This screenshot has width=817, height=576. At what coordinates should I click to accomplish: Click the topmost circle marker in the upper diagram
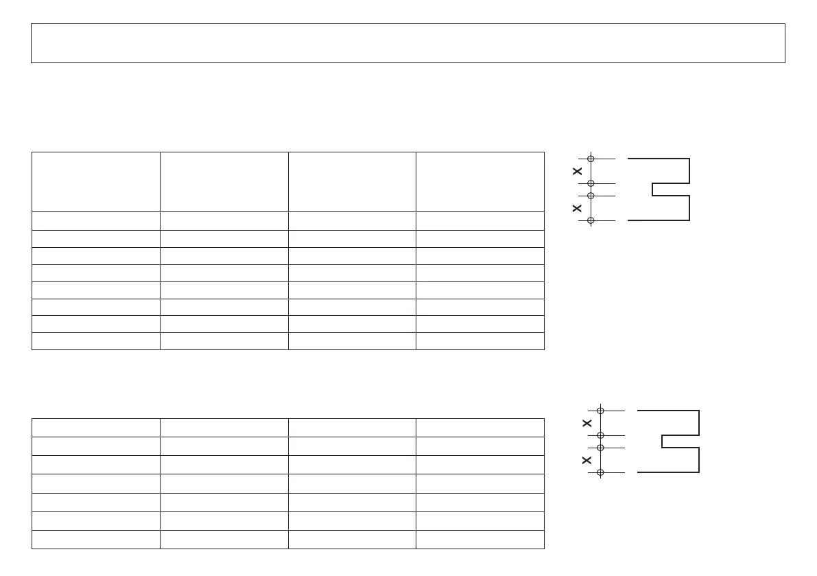tap(591, 159)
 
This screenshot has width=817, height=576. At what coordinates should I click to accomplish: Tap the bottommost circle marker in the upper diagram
tap(591, 220)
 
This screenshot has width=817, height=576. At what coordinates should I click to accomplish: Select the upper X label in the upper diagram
tap(578, 171)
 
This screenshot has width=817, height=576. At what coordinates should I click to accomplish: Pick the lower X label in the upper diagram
tap(578, 208)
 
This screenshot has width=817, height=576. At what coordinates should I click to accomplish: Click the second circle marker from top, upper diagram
tap(591, 183)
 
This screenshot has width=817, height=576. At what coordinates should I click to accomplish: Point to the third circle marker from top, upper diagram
tap(591, 196)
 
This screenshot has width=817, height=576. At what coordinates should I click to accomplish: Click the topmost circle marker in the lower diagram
tap(600, 411)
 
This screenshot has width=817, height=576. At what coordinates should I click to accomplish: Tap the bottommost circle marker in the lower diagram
tap(600, 472)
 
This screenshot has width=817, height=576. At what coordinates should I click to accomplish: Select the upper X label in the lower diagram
tap(587, 423)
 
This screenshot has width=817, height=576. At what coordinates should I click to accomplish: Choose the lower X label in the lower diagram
tap(587, 460)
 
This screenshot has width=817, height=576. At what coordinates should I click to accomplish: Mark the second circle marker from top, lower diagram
tap(600, 435)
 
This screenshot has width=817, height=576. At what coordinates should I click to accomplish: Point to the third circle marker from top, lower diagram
tap(600, 448)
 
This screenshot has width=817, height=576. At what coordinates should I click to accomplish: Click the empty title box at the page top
tap(407, 43)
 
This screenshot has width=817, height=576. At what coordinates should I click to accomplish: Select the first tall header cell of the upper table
tap(96, 182)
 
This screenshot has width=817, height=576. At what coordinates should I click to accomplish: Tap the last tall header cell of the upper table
tap(479, 182)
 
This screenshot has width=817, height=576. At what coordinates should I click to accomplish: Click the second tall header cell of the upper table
tap(224, 182)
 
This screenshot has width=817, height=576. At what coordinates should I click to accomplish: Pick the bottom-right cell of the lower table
tap(479, 539)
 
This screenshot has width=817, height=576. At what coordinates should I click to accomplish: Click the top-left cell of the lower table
tap(96, 427)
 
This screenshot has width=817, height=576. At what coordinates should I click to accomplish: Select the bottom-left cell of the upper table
tap(96, 341)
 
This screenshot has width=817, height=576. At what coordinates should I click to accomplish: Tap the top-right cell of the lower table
tap(479, 427)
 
